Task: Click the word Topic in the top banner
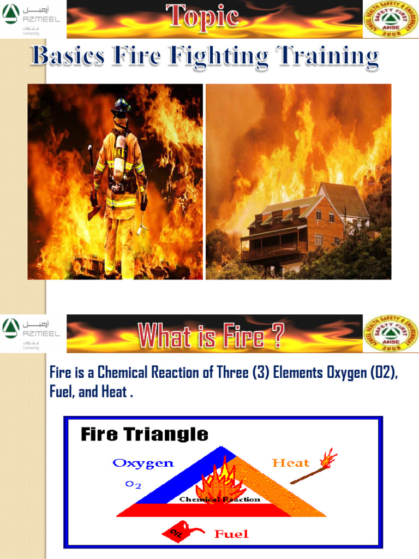[202, 16]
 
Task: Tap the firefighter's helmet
[121, 107]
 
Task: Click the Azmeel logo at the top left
[32, 19]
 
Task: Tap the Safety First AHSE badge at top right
[390, 19]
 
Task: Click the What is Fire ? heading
[211, 336]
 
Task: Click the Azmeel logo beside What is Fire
[32, 333]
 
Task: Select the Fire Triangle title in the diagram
[145, 435]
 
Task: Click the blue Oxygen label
[143, 463]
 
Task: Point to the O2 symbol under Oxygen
[134, 484]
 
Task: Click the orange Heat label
[290, 463]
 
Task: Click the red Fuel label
[231, 534]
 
